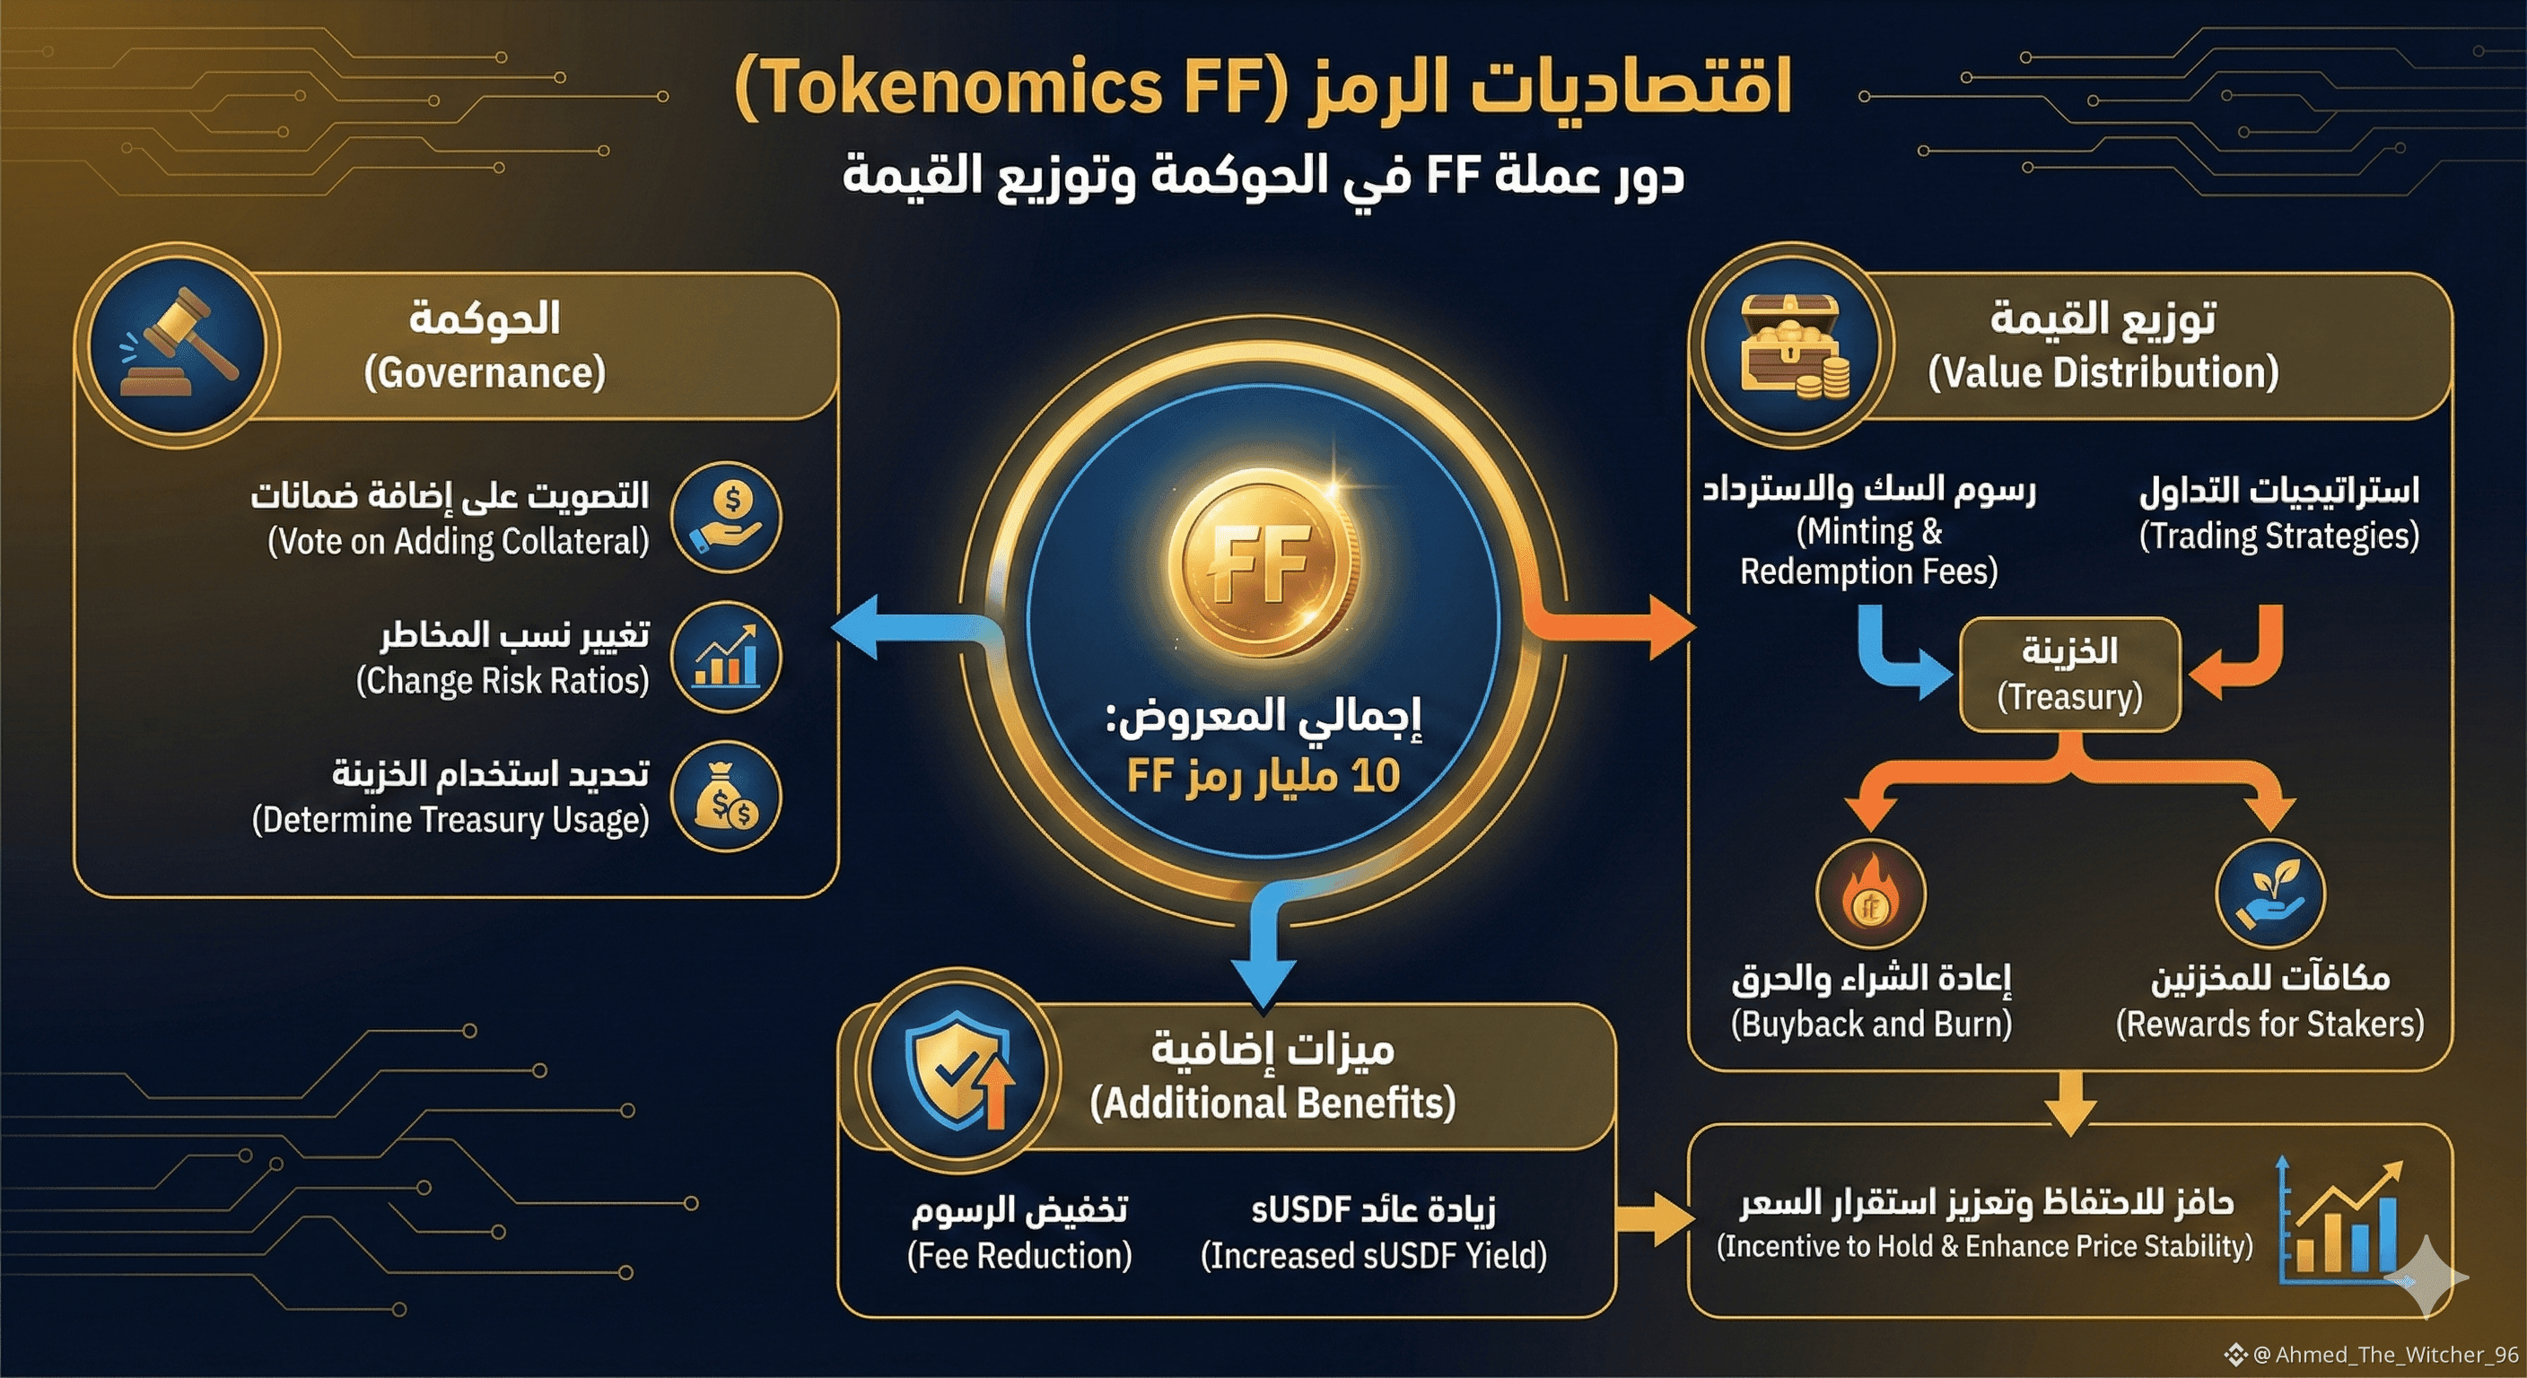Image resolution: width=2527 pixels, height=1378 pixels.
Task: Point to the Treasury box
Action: [2070, 674]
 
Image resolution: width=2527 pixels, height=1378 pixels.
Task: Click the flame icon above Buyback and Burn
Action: [1871, 894]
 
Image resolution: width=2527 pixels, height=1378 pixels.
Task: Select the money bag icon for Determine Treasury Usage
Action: [726, 797]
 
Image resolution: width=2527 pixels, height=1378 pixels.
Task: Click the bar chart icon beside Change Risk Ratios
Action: [726, 657]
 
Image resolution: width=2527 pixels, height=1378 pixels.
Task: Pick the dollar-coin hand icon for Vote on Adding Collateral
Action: [726, 517]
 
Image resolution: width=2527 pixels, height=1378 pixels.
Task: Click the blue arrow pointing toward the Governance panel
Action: [883, 628]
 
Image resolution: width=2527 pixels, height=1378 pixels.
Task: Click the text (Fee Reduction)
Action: [1019, 1255]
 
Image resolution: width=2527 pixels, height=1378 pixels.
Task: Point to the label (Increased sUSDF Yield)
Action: [1373, 1255]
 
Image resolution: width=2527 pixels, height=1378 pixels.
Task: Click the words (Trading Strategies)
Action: [2278, 536]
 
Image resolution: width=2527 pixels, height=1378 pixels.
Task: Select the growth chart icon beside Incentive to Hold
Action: [2339, 1221]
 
